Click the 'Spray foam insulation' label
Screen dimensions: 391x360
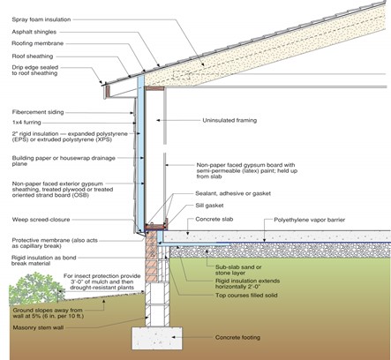[x=41, y=19]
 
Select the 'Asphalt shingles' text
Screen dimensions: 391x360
[x=34, y=32]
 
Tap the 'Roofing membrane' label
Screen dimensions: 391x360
[x=38, y=43]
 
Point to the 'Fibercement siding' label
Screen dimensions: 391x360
[x=38, y=112]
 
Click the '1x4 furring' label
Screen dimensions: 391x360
[x=26, y=123]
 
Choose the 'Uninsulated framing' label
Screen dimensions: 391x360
[x=229, y=120]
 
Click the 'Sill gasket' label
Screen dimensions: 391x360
[x=209, y=206]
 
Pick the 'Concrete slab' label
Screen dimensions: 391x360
[x=214, y=219]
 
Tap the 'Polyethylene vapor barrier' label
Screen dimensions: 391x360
[x=310, y=220]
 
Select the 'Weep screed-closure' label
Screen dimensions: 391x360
[x=41, y=220]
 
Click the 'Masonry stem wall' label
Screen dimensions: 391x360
[x=38, y=327]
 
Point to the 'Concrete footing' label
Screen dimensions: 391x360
[x=237, y=337]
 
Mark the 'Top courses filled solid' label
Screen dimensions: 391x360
[x=246, y=295]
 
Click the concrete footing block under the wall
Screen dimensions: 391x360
[x=157, y=338]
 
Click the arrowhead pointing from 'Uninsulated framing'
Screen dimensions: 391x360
[x=158, y=120]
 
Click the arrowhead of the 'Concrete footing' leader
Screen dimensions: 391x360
[x=174, y=337]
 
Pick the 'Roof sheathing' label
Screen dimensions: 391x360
[x=33, y=56]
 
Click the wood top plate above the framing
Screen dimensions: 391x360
[x=154, y=88]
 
